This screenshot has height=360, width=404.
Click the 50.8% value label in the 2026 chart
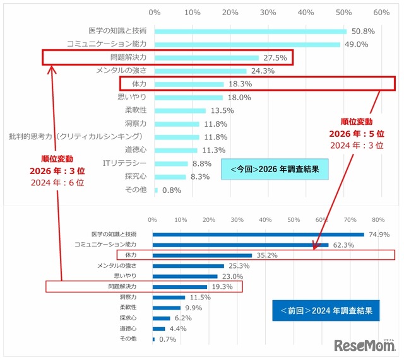click(363, 31)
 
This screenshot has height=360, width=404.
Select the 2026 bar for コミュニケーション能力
click(247, 44)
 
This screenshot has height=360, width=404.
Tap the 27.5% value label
click(275, 57)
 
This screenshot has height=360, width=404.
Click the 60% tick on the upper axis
click(381, 12)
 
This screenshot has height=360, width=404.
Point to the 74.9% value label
click(380, 235)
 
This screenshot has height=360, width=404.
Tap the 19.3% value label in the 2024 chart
click(223, 286)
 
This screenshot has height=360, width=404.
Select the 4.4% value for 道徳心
click(177, 328)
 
